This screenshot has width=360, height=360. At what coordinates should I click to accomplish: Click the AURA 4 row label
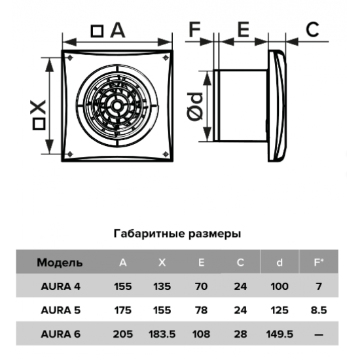pyautogui.click(x=61, y=286)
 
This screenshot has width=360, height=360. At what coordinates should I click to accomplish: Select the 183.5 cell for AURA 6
pyautogui.click(x=162, y=334)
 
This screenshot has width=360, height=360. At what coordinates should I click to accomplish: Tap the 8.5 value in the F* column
pyautogui.click(x=319, y=310)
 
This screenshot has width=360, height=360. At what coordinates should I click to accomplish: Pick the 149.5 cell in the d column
pyautogui.click(x=279, y=334)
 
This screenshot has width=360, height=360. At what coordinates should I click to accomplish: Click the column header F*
pyautogui.click(x=319, y=262)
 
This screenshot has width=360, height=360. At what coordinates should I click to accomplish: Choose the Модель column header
pyautogui.click(x=60, y=262)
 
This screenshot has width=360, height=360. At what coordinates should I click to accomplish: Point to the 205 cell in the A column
pyautogui.click(x=123, y=334)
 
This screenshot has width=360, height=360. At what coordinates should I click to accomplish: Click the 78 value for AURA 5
pyautogui.click(x=201, y=310)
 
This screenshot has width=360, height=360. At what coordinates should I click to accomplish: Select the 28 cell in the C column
pyautogui.click(x=240, y=334)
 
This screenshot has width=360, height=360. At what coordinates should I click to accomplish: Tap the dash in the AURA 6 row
pyautogui.click(x=319, y=334)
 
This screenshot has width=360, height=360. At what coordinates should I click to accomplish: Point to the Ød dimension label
pyautogui.click(x=195, y=107)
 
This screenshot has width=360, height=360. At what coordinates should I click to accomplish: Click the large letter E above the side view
pyautogui.click(x=243, y=29)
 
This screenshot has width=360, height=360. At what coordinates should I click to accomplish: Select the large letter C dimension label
pyautogui.click(x=312, y=29)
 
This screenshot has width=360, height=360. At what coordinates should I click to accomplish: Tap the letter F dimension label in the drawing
pyautogui.click(x=194, y=29)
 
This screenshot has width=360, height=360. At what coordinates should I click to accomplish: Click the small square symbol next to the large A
pyautogui.click(x=97, y=31)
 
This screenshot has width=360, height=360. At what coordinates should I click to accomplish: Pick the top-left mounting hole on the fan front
pyautogui.click(x=70, y=58)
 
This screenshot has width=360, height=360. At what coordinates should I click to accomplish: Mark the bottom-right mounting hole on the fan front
pyautogui.click(x=166, y=154)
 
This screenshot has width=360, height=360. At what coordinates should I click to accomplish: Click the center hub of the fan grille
pyautogui.click(x=117, y=106)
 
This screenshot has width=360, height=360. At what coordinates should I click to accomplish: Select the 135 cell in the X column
pyautogui.click(x=162, y=286)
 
